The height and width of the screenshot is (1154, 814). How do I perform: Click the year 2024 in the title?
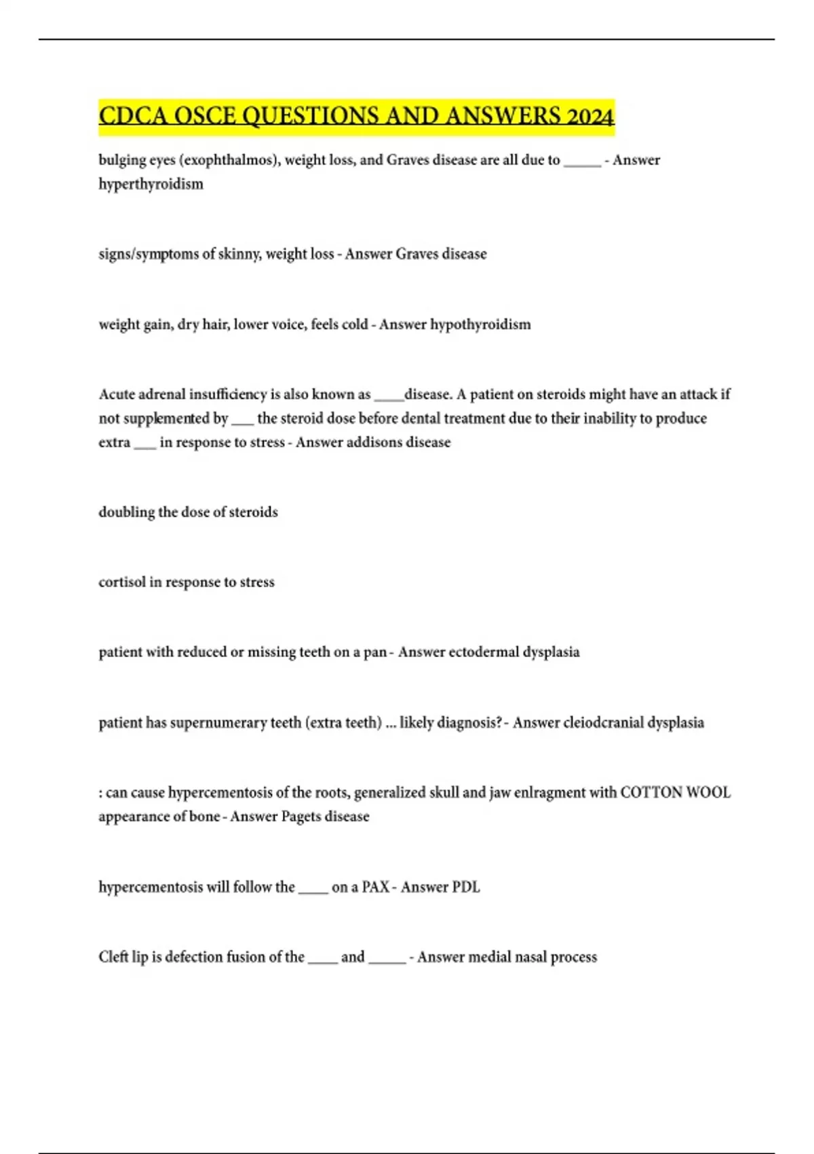pos(589,116)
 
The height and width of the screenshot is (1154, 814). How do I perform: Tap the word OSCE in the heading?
pos(204,116)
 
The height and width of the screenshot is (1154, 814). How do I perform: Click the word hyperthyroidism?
pos(151,184)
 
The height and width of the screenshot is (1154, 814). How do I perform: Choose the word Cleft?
pos(113,957)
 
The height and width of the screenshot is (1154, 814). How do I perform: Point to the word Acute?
pos(117,394)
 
